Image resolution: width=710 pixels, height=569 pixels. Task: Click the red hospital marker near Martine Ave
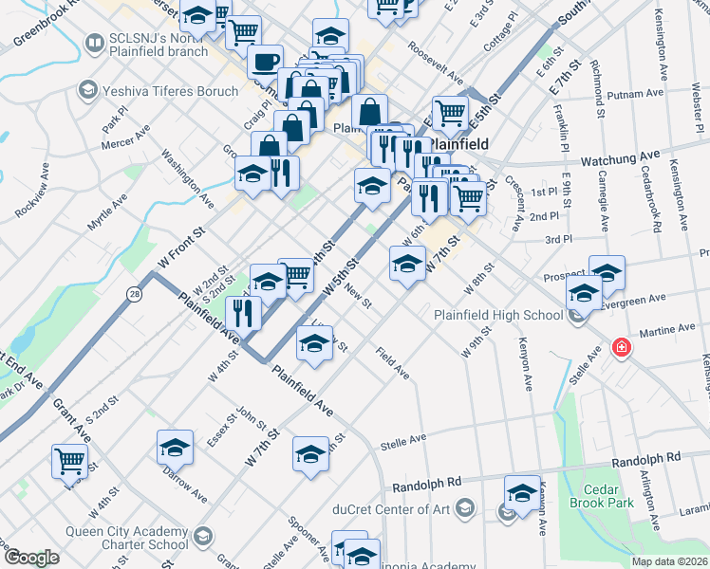pyautogui.click(x=622, y=348)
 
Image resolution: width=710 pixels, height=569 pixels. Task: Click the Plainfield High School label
pyautogui.click(x=498, y=315)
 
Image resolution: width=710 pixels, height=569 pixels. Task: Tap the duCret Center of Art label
pyautogui.click(x=390, y=508)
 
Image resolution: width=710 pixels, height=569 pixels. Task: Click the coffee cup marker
pyautogui.click(x=265, y=63)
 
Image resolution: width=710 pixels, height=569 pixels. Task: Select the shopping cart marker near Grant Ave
pyautogui.click(x=70, y=462)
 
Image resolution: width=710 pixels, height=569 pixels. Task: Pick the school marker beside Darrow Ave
pyautogui.click(x=175, y=448)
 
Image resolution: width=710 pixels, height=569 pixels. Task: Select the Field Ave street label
pyautogui.click(x=392, y=363)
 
